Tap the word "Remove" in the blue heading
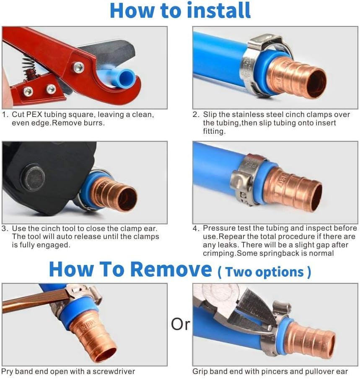pyautogui.click(x=172, y=269)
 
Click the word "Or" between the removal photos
pyautogui.click(x=181, y=324)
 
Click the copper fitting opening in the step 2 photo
pyautogui.click(x=315, y=83)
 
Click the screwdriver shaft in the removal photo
pyautogui.click(x=34, y=300)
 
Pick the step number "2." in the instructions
pyautogui.click(x=196, y=114)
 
